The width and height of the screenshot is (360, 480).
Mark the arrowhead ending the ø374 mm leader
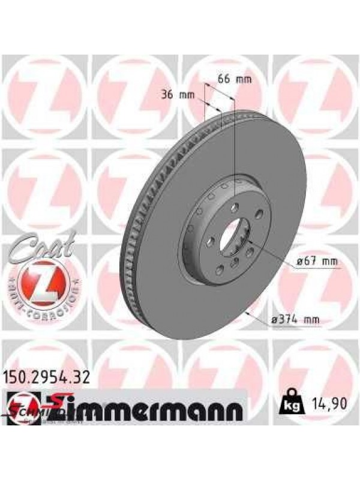click(x=247, y=311)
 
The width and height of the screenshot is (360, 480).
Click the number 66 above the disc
click(x=224, y=79)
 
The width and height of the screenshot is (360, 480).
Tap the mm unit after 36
click(x=191, y=94)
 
